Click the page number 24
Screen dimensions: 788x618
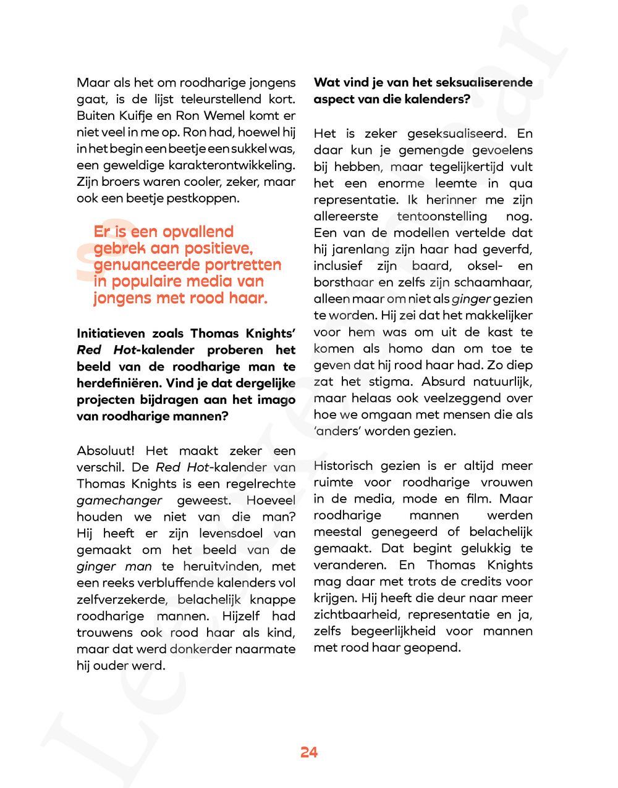(309, 752)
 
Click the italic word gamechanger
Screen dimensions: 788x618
(119, 501)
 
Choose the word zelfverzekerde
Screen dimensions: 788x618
(122, 600)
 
